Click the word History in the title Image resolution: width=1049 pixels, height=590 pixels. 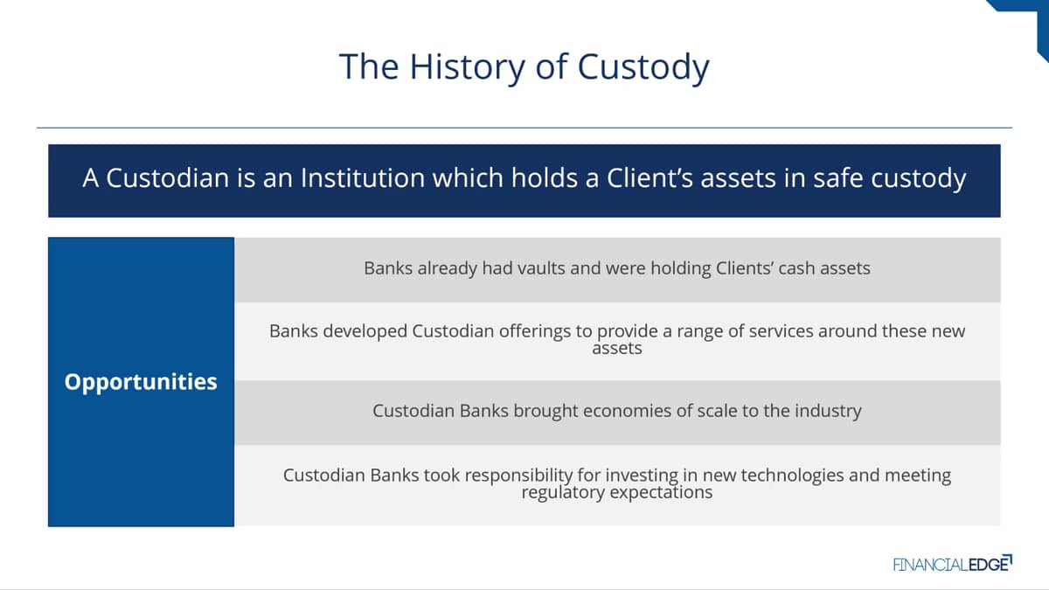coord(467,67)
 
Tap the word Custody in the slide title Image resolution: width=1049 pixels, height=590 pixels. coord(643,67)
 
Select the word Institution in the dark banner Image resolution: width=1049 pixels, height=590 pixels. coord(363,178)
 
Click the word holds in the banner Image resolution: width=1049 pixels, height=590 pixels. coord(544,178)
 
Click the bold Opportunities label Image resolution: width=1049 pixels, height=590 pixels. coord(141,382)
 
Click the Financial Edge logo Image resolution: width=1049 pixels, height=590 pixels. coord(953,564)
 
